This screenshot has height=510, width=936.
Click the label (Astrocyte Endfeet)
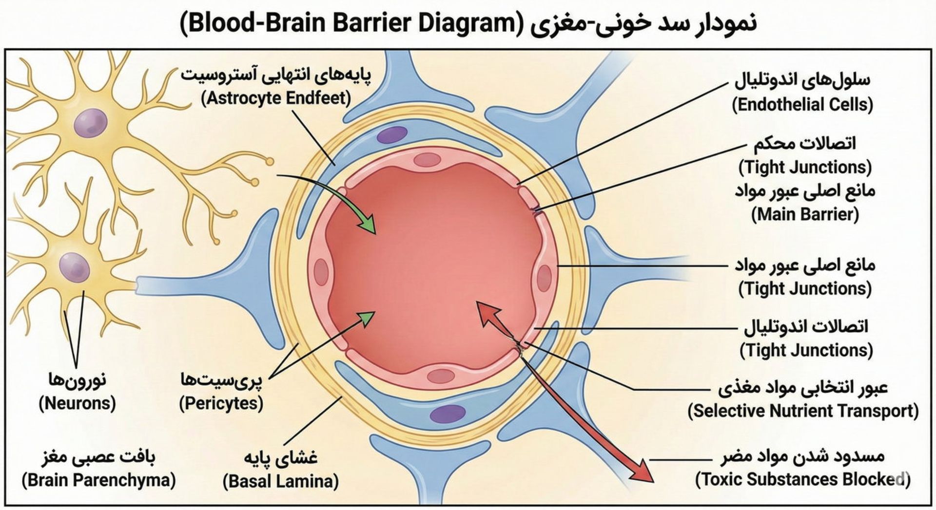click(276, 98)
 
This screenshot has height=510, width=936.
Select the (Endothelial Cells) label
click(802, 105)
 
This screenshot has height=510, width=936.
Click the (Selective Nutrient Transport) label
click(803, 411)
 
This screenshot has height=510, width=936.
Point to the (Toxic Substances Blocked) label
click(802, 480)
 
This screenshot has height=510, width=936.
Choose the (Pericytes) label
click(221, 403)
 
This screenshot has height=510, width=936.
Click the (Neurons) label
click(77, 403)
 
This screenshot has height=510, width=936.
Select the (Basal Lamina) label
click(281, 481)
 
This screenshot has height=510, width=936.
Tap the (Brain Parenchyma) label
click(98, 480)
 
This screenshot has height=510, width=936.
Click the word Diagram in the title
click(468, 23)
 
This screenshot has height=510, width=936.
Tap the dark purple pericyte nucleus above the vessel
click(392, 134)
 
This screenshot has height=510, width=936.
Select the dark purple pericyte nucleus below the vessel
click(448, 414)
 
